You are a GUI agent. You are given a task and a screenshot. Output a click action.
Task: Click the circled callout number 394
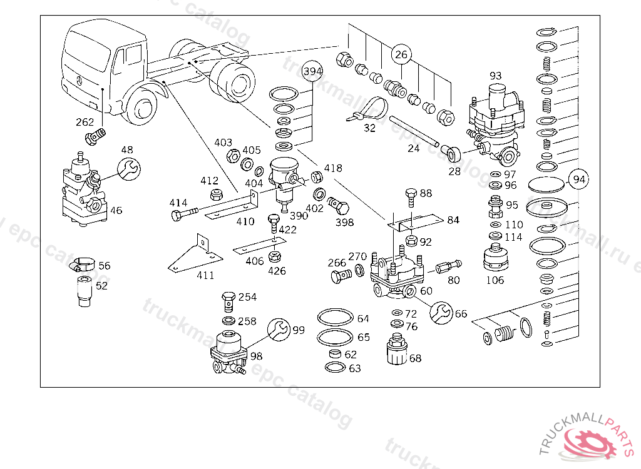[x=313, y=72]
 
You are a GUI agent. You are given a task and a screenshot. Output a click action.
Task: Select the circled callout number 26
[x=401, y=55]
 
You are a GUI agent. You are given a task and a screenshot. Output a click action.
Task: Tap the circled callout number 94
[x=580, y=179]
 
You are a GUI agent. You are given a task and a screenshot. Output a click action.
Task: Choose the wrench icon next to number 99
[x=279, y=330]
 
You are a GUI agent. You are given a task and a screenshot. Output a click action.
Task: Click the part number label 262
[x=85, y=122]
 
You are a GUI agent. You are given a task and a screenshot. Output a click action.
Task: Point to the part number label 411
[x=205, y=275]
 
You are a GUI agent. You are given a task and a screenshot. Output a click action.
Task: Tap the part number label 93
[x=496, y=76]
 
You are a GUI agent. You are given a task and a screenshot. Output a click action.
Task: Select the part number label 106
[x=495, y=280]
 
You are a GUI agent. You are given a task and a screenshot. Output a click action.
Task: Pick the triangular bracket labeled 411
[x=192, y=256]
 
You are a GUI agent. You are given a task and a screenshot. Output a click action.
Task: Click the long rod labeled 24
[x=413, y=131]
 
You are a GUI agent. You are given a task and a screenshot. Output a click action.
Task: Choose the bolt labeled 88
[x=411, y=196]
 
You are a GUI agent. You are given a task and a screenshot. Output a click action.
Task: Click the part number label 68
[x=415, y=358]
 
